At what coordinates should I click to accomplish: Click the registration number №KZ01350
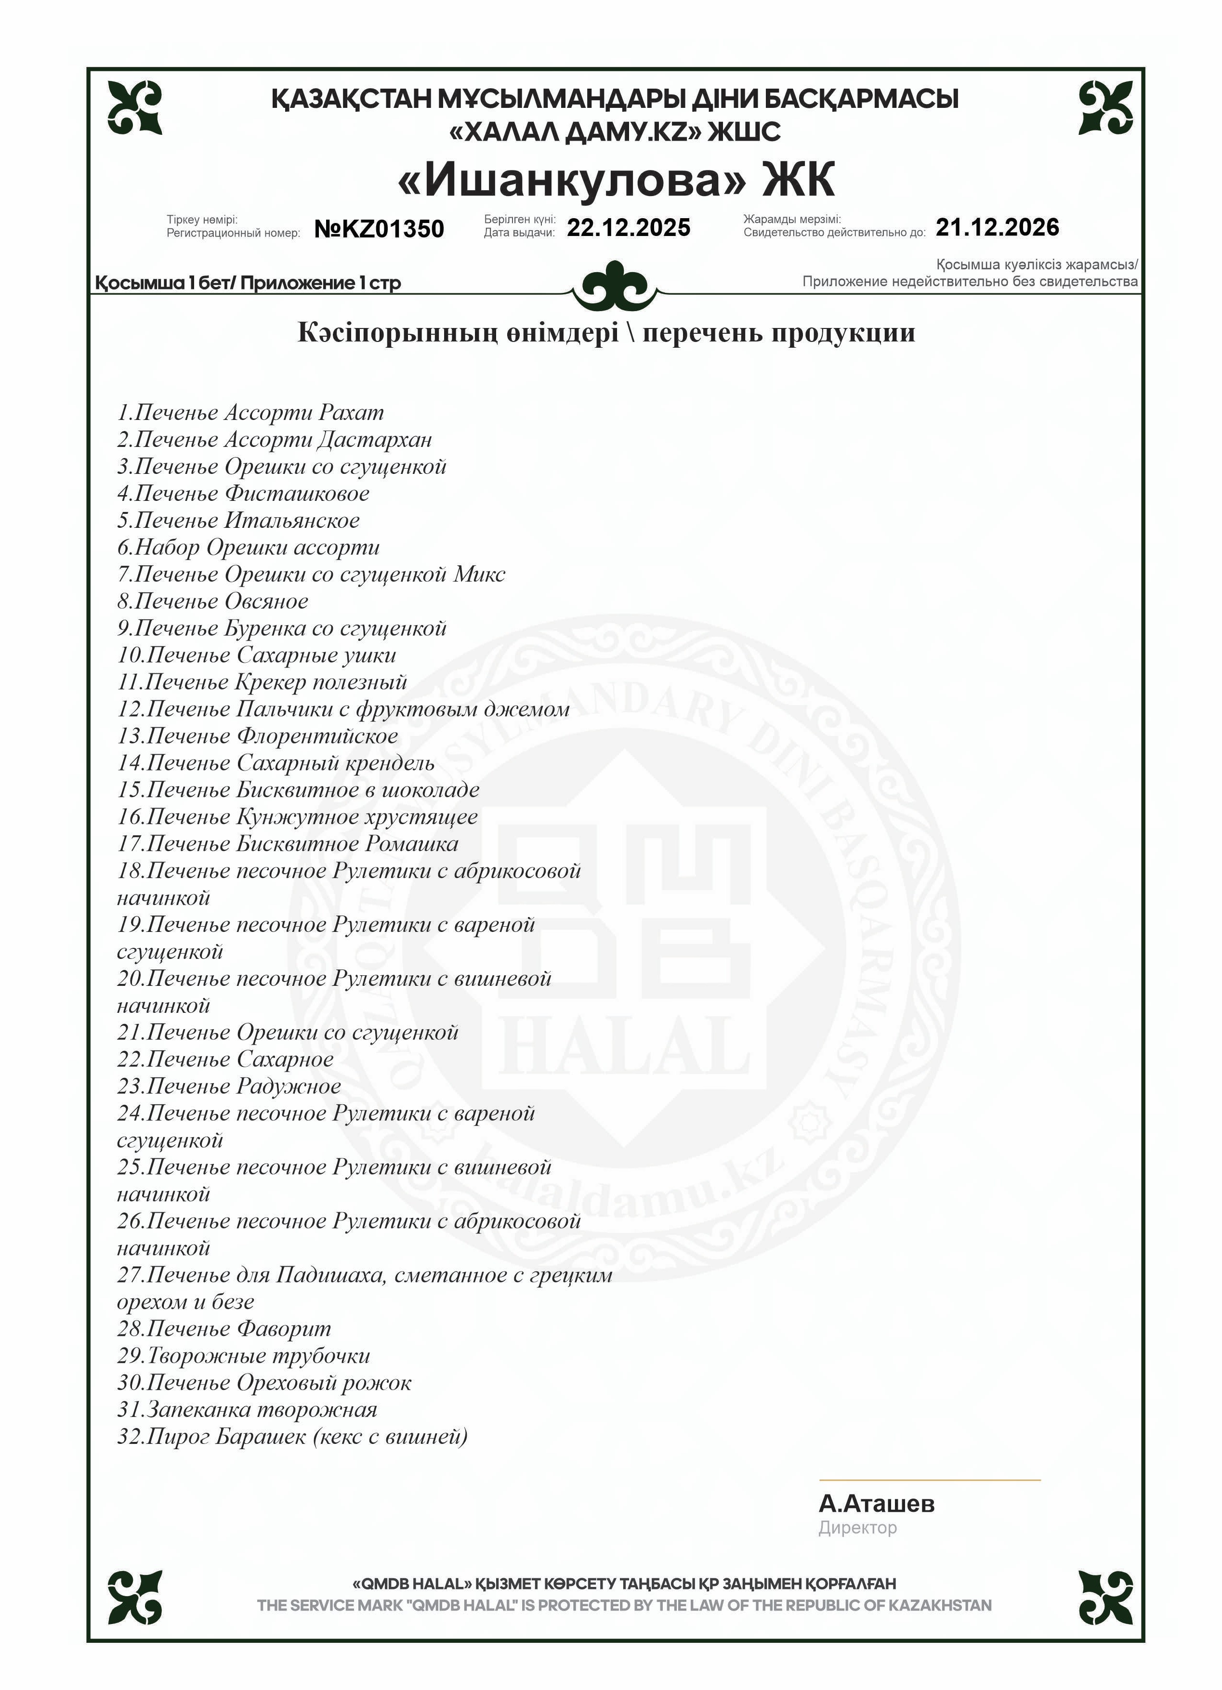click(379, 229)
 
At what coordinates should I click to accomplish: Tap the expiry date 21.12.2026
click(997, 227)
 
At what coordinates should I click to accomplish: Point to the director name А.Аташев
click(876, 1504)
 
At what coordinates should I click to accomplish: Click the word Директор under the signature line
click(858, 1528)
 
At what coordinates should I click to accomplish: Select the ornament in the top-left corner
click(135, 108)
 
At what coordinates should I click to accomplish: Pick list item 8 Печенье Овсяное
click(212, 602)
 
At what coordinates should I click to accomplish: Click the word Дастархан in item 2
click(374, 440)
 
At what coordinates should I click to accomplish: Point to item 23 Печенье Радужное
click(229, 1087)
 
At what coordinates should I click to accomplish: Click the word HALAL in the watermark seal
click(624, 1048)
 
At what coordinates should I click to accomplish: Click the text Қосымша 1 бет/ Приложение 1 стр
click(248, 283)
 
